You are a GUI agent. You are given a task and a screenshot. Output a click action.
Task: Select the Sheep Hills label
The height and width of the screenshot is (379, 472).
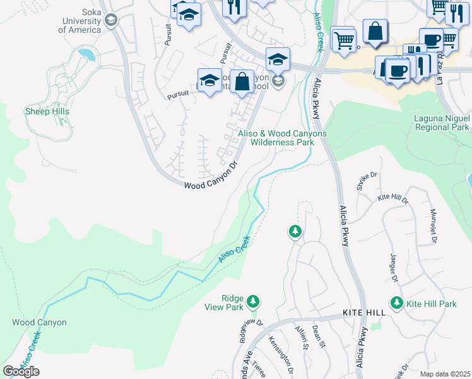click(x=47, y=111)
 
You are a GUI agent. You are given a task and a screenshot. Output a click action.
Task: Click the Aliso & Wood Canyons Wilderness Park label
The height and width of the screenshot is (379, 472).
click(x=282, y=138)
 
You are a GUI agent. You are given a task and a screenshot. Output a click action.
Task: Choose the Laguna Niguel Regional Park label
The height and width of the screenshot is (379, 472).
click(x=442, y=123)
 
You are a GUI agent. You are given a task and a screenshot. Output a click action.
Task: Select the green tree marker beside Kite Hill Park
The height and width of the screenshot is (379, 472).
click(x=396, y=303)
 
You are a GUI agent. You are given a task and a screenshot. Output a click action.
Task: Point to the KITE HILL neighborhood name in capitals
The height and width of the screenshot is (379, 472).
click(x=363, y=313)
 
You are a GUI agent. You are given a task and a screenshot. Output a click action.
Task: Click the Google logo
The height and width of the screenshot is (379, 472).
click(x=21, y=371)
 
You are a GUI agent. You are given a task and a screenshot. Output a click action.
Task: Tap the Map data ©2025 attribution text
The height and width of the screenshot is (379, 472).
click(x=445, y=374)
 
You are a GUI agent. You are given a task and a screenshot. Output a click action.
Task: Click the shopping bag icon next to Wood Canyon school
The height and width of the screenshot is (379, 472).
click(x=242, y=82)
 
